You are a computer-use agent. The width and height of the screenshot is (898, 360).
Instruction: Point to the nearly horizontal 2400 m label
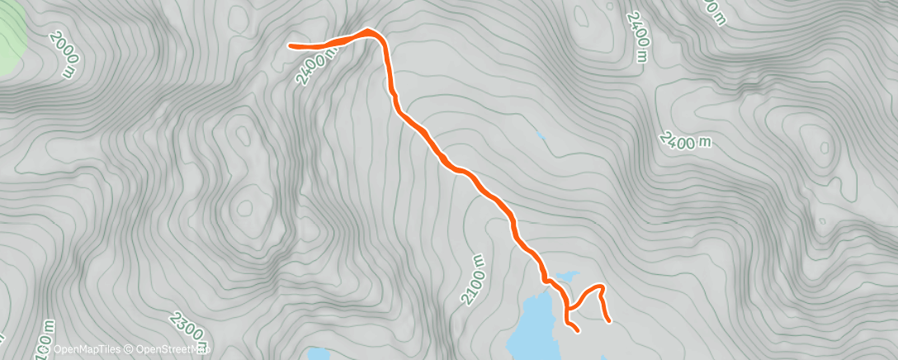[685, 141]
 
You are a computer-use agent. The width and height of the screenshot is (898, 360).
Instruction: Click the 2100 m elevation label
[476, 282]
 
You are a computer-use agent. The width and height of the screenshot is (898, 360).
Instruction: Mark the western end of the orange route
[291, 46]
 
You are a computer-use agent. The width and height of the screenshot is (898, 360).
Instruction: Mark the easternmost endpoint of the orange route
[609, 320]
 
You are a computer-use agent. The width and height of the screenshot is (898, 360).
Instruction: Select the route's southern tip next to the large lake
[577, 331]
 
